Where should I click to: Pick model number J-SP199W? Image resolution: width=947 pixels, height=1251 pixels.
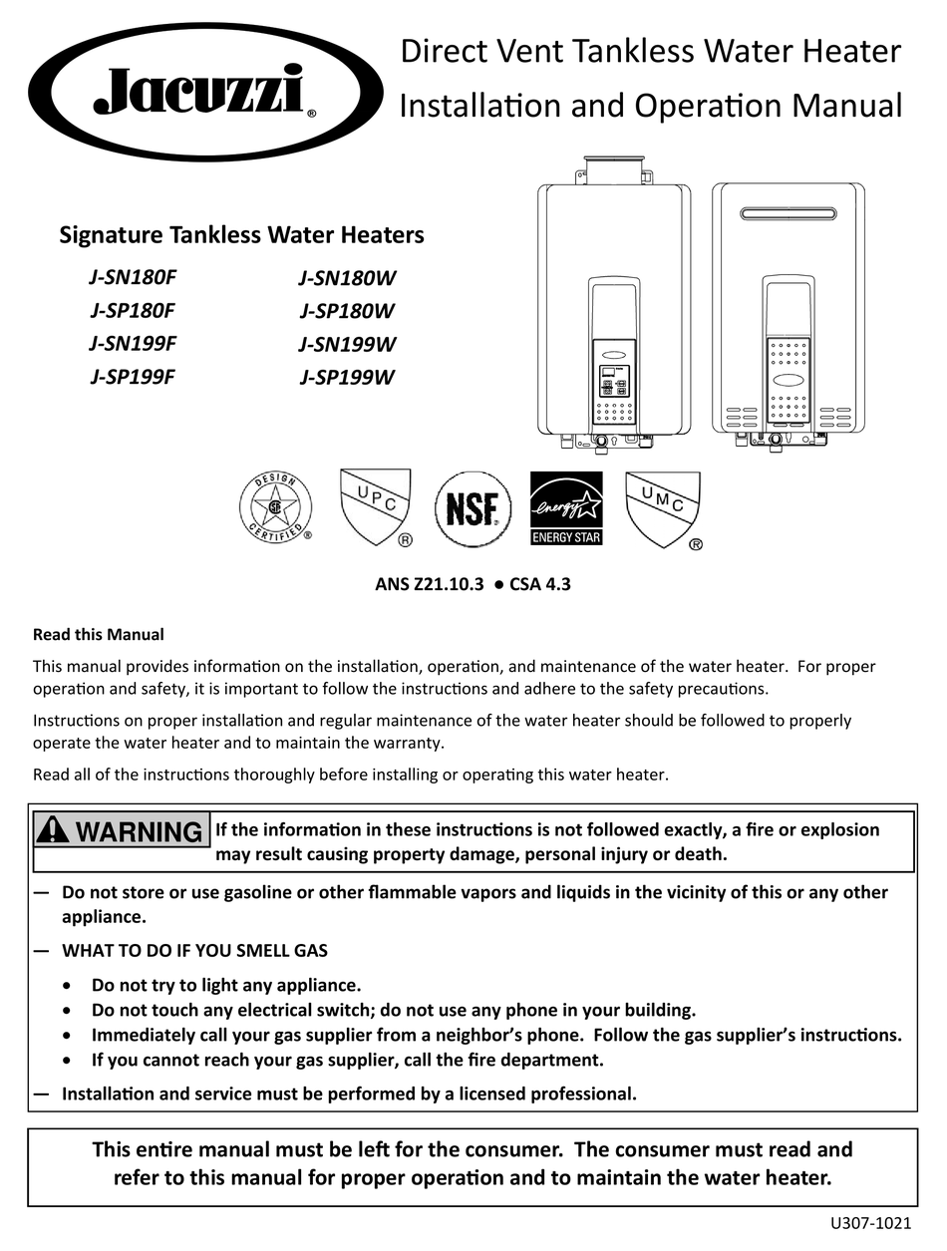pyautogui.click(x=347, y=377)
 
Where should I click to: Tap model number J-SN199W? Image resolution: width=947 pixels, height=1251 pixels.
pyautogui.click(x=347, y=345)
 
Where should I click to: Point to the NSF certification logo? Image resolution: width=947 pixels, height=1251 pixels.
pyautogui.click(x=473, y=509)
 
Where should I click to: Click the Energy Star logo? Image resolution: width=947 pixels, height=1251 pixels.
pyautogui.click(x=566, y=508)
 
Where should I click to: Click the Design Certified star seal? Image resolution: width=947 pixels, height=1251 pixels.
pyautogui.click(x=274, y=508)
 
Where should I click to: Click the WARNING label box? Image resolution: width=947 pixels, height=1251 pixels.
pyautogui.click(x=122, y=830)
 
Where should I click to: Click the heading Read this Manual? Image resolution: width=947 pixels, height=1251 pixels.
pyautogui.click(x=98, y=634)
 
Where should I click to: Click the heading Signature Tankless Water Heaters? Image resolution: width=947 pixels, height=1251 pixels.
pyautogui.click(x=241, y=235)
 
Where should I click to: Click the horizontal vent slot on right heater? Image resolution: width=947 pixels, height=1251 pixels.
pyautogui.click(x=788, y=212)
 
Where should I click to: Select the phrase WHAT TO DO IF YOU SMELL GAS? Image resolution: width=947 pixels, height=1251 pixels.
pyautogui.click(x=194, y=951)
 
